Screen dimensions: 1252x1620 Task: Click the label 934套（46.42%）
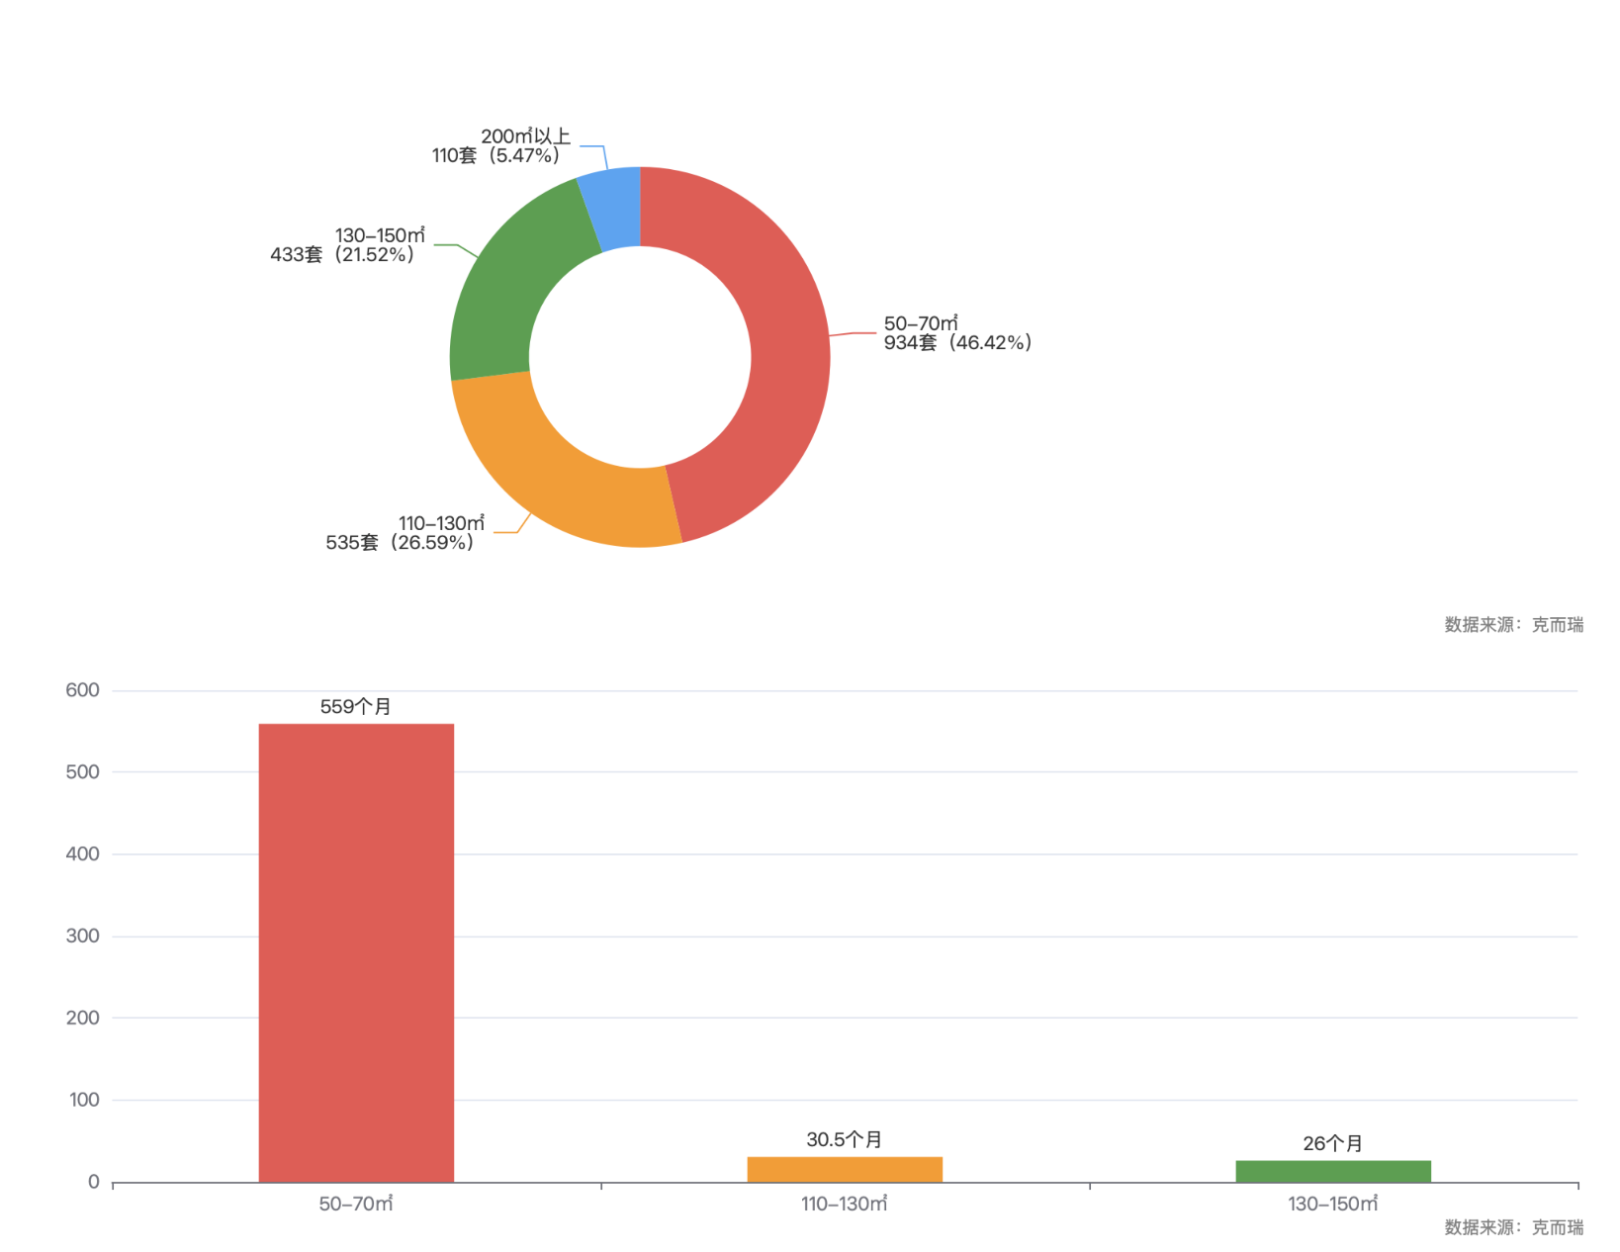(957, 343)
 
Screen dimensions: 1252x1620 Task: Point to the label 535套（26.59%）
(400, 543)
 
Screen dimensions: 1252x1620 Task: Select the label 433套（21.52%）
(342, 255)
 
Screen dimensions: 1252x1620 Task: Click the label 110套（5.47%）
(495, 156)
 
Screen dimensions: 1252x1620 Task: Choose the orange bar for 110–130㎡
(845, 1169)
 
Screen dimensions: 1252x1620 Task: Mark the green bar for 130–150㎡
(1332, 1171)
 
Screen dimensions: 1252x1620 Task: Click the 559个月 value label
(356, 706)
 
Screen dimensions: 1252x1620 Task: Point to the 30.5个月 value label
(845, 1139)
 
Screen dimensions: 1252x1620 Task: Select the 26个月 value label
(1332, 1143)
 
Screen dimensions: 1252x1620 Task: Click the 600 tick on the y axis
(82, 690)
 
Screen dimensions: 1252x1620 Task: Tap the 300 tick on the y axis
(82, 936)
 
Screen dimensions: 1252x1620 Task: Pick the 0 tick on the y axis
(93, 1182)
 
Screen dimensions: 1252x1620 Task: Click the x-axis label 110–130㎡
(845, 1204)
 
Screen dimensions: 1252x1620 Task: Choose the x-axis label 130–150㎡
(1332, 1204)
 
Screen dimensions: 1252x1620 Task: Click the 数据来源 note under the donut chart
(1513, 624)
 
